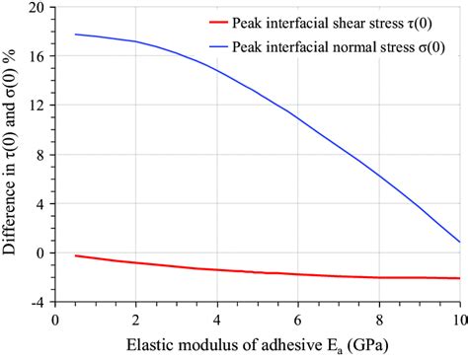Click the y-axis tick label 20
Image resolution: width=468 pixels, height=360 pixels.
pyautogui.click(x=37, y=8)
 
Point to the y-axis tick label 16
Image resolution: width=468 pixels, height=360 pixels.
pyautogui.click(x=37, y=56)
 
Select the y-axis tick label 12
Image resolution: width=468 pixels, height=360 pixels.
pyautogui.click(x=37, y=106)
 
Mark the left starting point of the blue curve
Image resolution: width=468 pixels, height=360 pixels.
pyautogui.click(x=75, y=35)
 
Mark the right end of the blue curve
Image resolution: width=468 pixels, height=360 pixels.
pyautogui.click(x=459, y=242)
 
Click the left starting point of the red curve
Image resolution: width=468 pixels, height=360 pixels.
pyautogui.click(x=75, y=255)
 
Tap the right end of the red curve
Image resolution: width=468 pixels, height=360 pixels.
pyautogui.click(x=459, y=278)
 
